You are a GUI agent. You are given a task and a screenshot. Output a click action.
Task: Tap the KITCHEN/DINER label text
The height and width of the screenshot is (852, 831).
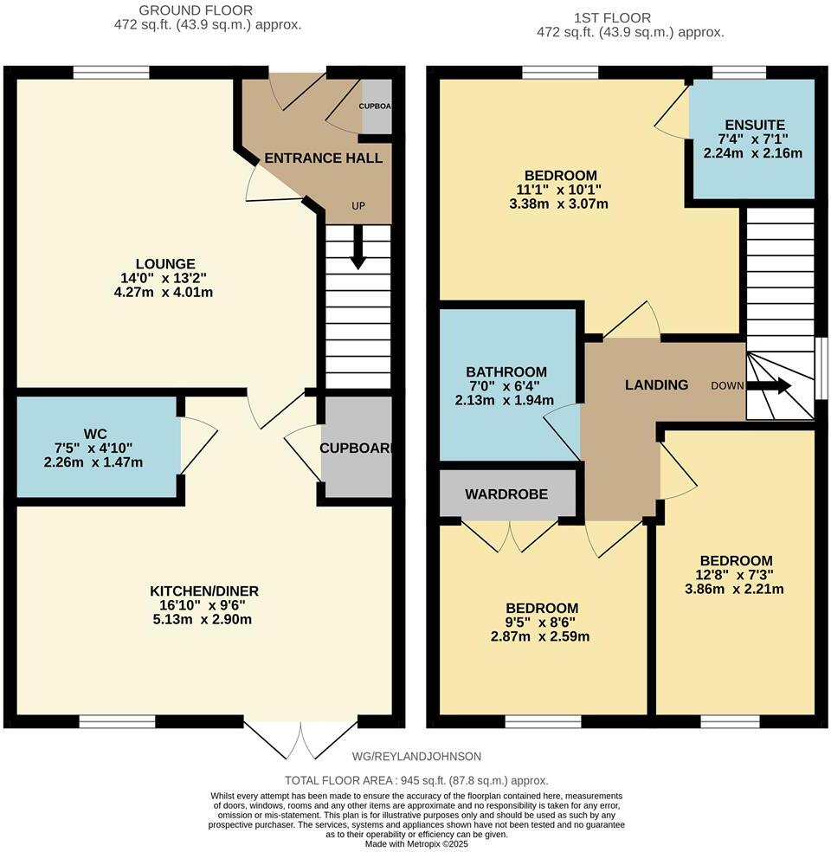coord(203,591)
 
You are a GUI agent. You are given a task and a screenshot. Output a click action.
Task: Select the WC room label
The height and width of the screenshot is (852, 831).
coord(94,433)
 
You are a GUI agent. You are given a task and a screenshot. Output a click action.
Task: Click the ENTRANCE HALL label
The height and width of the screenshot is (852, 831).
coord(323,158)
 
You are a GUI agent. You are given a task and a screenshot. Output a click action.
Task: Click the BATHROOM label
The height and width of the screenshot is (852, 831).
coord(506,372)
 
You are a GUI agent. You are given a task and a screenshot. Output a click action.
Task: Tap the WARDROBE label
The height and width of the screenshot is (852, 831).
coord(506,494)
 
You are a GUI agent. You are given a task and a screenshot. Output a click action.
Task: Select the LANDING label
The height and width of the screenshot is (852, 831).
coord(657,385)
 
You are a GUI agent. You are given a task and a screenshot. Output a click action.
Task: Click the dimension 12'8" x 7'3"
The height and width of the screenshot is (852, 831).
coord(736,575)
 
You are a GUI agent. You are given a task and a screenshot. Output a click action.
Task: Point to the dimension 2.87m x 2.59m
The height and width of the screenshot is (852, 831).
coord(542,636)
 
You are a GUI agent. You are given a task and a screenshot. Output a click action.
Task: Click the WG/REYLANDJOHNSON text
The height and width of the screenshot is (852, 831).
coord(417,756)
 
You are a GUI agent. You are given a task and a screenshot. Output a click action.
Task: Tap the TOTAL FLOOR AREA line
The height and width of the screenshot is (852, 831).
coord(416,780)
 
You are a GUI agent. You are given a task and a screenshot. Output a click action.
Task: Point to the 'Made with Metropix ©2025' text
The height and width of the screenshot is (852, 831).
coord(415,843)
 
